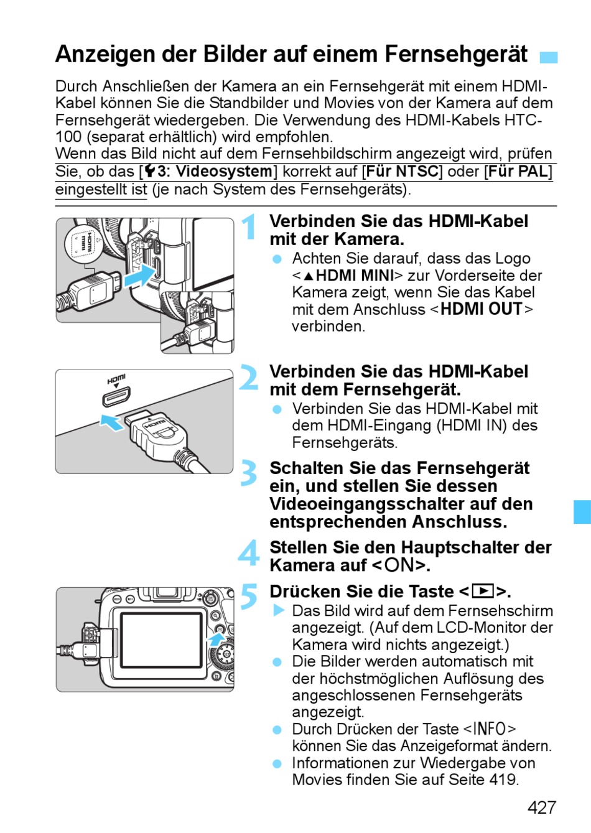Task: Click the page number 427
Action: (541, 807)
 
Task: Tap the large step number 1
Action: (249, 227)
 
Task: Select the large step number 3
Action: (249, 473)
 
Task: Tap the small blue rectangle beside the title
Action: (548, 58)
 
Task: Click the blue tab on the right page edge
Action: (582, 511)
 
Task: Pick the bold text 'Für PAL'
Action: (518, 171)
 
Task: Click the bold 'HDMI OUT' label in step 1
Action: (481, 309)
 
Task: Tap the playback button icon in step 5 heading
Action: (483, 591)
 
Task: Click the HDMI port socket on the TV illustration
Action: (116, 396)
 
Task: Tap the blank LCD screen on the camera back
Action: (162, 638)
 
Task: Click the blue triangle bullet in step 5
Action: (278, 611)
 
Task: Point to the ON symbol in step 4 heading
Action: (399, 565)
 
